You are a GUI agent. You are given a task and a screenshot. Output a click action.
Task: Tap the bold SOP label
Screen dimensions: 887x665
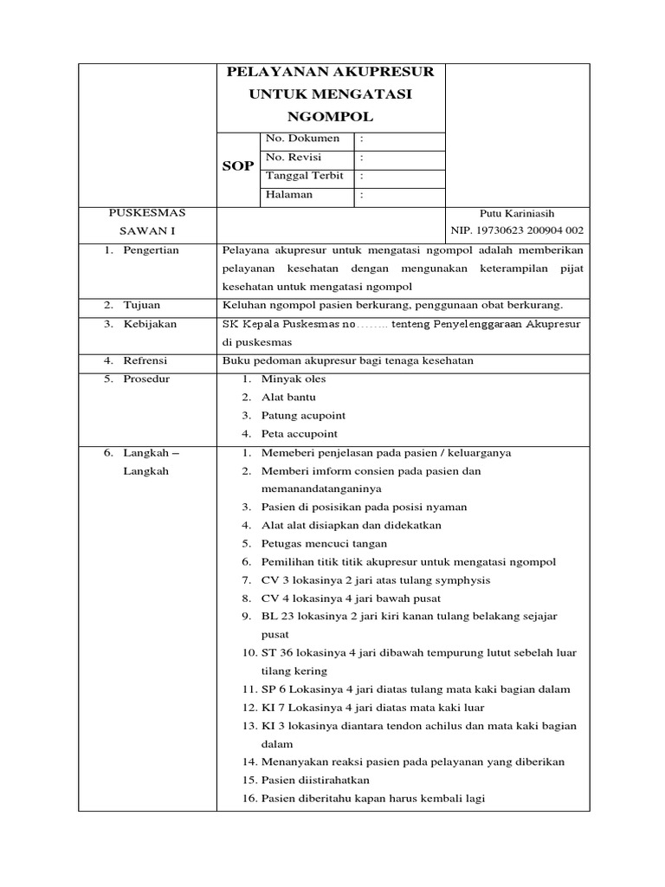(237, 166)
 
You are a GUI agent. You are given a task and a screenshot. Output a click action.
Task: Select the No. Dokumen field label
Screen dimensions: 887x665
(302, 139)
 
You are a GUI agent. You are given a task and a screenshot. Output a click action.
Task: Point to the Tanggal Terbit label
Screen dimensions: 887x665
(305, 176)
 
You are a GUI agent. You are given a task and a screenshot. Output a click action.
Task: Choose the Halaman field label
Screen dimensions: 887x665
(289, 195)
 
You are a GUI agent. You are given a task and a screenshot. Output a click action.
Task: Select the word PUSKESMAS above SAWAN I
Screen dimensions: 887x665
(146, 213)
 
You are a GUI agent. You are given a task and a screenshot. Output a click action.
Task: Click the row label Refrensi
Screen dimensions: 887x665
(146, 360)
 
